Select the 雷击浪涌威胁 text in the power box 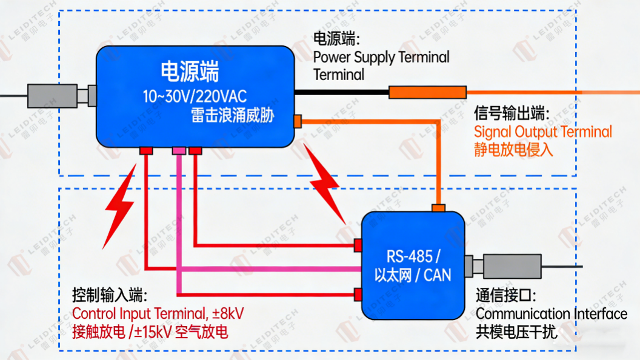pyautogui.click(x=231, y=115)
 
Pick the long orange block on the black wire pyautogui.click(x=427, y=92)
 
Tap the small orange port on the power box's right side pyautogui.click(x=297, y=121)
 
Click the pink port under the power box pyautogui.click(x=179, y=150)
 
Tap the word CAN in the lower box pyautogui.click(x=438, y=276)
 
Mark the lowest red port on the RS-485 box pyautogui.click(x=358, y=295)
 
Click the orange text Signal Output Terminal pyautogui.click(x=542, y=132)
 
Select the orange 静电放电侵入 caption pyautogui.click(x=513, y=149)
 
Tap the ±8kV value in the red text pyautogui.click(x=228, y=313)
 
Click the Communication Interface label pyautogui.click(x=551, y=313)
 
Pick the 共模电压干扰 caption pyautogui.click(x=516, y=332)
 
